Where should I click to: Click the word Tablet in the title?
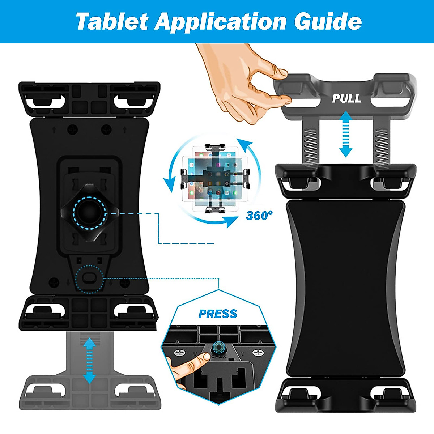coord(112,22)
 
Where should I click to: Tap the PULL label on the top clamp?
coord(346,98)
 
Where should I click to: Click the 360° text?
coord(259,216)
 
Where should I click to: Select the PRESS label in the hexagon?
coord(218,314)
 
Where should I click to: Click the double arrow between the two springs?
coord(346,134)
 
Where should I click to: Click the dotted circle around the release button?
coord(89,278)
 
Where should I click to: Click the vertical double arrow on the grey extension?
coord(89,361)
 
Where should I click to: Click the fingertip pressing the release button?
coord(204,357)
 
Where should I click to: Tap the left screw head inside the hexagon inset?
coord(179,353)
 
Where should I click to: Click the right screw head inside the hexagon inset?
coord(258,353)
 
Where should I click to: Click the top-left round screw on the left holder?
coord(73,129)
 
